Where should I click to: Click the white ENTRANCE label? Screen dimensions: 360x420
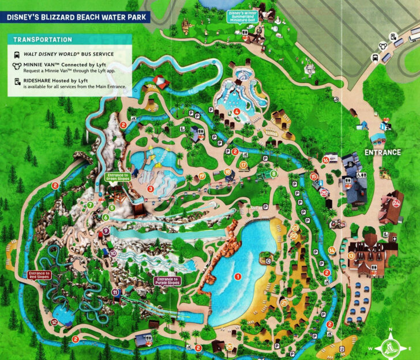[382, 152]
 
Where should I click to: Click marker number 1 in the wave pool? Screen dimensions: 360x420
[237, 276]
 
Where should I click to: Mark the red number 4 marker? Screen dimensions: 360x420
[237, 111]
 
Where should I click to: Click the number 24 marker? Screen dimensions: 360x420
[396, 202]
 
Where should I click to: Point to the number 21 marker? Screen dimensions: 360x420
[284, 302]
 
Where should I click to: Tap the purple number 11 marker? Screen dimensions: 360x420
[117, 292]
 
